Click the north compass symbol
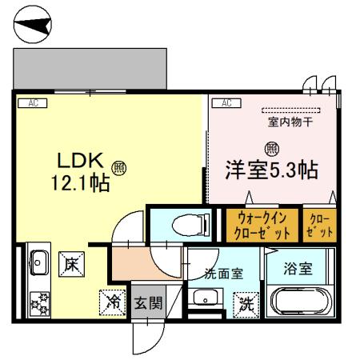pos(34,26)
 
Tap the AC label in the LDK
pos(33,102)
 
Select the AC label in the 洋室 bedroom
pos(226,102)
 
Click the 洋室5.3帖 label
pos(272,170)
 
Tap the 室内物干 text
pos(290,122)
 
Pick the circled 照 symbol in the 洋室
pos(272,148)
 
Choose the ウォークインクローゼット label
pos(261,226)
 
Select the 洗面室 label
pos(224,273)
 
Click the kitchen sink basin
pos(37,259)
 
